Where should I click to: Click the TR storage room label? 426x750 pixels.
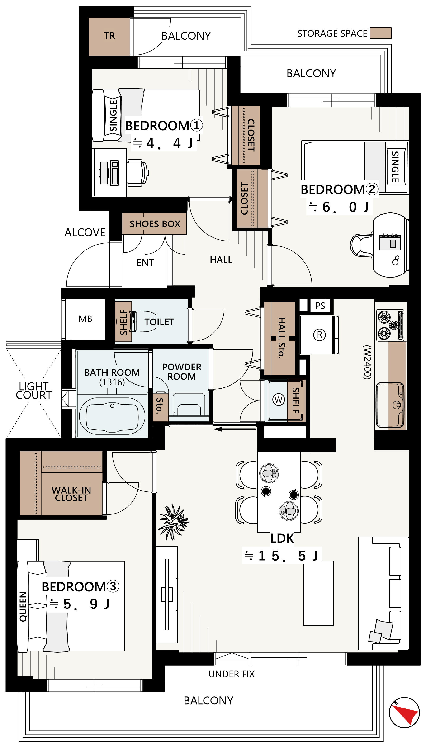109,36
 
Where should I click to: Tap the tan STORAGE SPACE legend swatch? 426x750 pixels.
380,33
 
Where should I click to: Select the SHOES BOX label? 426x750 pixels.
155,224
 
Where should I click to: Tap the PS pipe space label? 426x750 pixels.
320,306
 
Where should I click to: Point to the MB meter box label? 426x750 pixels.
85,319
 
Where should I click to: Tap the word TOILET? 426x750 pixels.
159,322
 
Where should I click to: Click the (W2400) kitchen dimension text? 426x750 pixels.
367,362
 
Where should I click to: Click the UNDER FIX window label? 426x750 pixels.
232,674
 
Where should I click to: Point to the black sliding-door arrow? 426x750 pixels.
235,429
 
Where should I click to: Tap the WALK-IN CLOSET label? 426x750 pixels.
71,494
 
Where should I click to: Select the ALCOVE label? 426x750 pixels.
85,232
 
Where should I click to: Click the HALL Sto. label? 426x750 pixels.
281,338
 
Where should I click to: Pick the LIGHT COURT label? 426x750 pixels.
34,391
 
